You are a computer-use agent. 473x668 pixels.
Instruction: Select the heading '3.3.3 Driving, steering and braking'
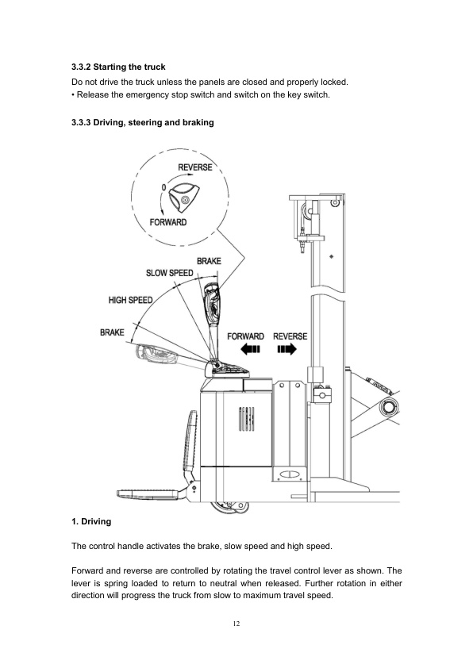pyautogui.click(x=142, y=122)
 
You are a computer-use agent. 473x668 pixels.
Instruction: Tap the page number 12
pyautogui.click(x=236, y=624)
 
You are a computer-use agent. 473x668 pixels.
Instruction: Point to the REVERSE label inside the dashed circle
pyautogui.click(x=195, y=167)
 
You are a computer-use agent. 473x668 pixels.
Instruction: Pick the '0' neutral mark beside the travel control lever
pyautogui.click(x=163, y=186)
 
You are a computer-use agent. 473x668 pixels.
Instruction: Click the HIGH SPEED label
pyautogui.click(x=131, y=300)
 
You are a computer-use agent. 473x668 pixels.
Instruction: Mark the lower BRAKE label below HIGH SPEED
pyautogui.click(x=111, y=332)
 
